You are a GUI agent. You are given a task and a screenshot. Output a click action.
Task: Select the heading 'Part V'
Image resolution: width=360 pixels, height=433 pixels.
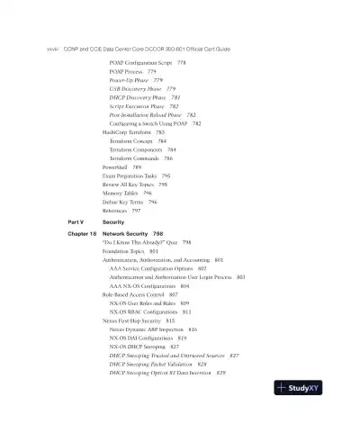[76, 221]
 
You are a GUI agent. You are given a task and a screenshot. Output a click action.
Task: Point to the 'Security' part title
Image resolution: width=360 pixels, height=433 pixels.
[113, 221]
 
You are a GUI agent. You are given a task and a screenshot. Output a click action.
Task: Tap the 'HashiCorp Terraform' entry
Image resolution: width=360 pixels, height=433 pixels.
[128, 132]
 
